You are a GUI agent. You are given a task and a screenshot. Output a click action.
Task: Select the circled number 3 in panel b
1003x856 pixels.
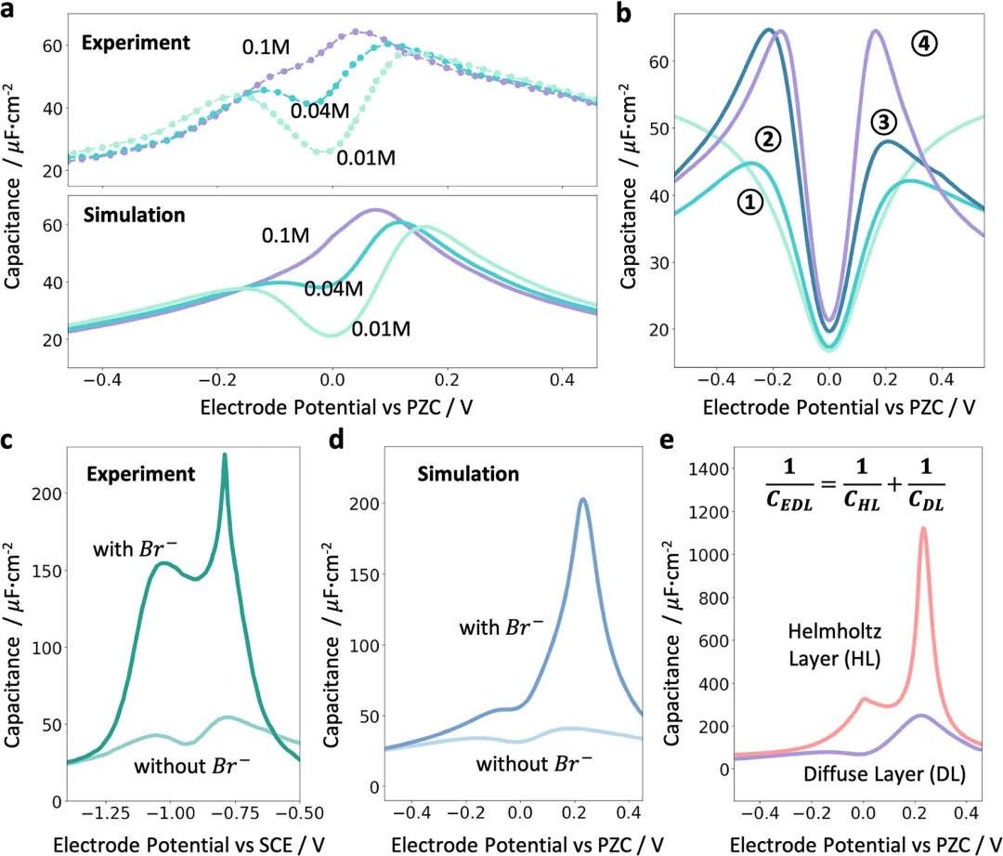tap(884, 122)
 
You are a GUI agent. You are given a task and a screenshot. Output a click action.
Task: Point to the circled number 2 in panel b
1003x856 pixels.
tap(770, 138)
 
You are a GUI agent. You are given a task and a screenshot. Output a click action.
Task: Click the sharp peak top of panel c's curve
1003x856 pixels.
tap(224, 454)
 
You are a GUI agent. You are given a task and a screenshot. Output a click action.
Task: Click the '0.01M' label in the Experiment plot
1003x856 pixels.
tap(367, 157)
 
